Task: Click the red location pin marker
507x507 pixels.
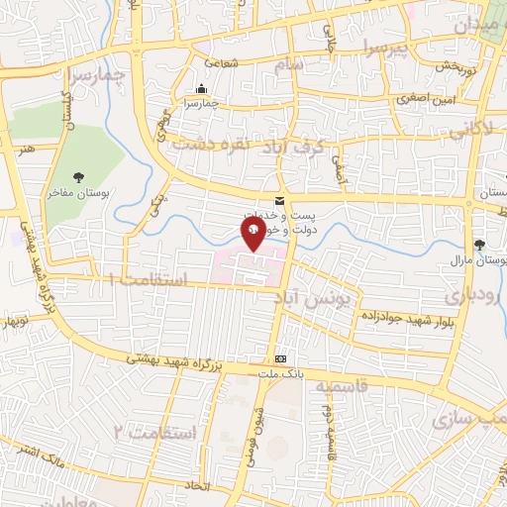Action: (x=253, y=233)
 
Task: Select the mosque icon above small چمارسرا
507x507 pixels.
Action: (x=202, y=88)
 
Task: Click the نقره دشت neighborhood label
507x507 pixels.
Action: (x=206, y=144)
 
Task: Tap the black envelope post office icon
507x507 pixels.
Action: (x=282, y=199)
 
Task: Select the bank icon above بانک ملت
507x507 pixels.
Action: (x=282, y=358)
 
